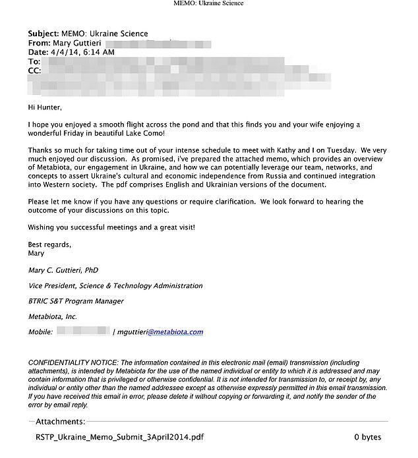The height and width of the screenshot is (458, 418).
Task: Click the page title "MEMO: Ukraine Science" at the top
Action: tap(208, 4)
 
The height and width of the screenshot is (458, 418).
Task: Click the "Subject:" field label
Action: tap(43, 34)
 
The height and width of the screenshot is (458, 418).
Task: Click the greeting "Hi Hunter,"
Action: tap(48, 107)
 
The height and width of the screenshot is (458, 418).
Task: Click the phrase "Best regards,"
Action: tap(49, 244)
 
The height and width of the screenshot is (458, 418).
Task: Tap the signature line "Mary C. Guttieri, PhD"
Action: tap(63, 270)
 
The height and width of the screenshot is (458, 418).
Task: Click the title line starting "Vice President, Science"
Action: tap(115, 286)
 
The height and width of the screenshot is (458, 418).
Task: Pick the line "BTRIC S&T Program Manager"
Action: tap(76, 301)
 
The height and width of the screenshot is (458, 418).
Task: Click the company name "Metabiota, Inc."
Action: tap(52, 316)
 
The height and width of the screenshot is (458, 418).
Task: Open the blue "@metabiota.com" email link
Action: tap(175, 332)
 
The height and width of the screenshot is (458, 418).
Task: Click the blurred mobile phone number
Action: tap(83, 331)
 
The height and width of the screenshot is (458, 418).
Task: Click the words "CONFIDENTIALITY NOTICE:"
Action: tap(73, 363)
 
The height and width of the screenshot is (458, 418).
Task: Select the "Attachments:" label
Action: tap(60, 422)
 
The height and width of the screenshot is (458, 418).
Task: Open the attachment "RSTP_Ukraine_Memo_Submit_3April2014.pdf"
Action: tap(119, 437)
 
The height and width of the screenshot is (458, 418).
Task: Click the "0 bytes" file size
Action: tap(367, 437)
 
